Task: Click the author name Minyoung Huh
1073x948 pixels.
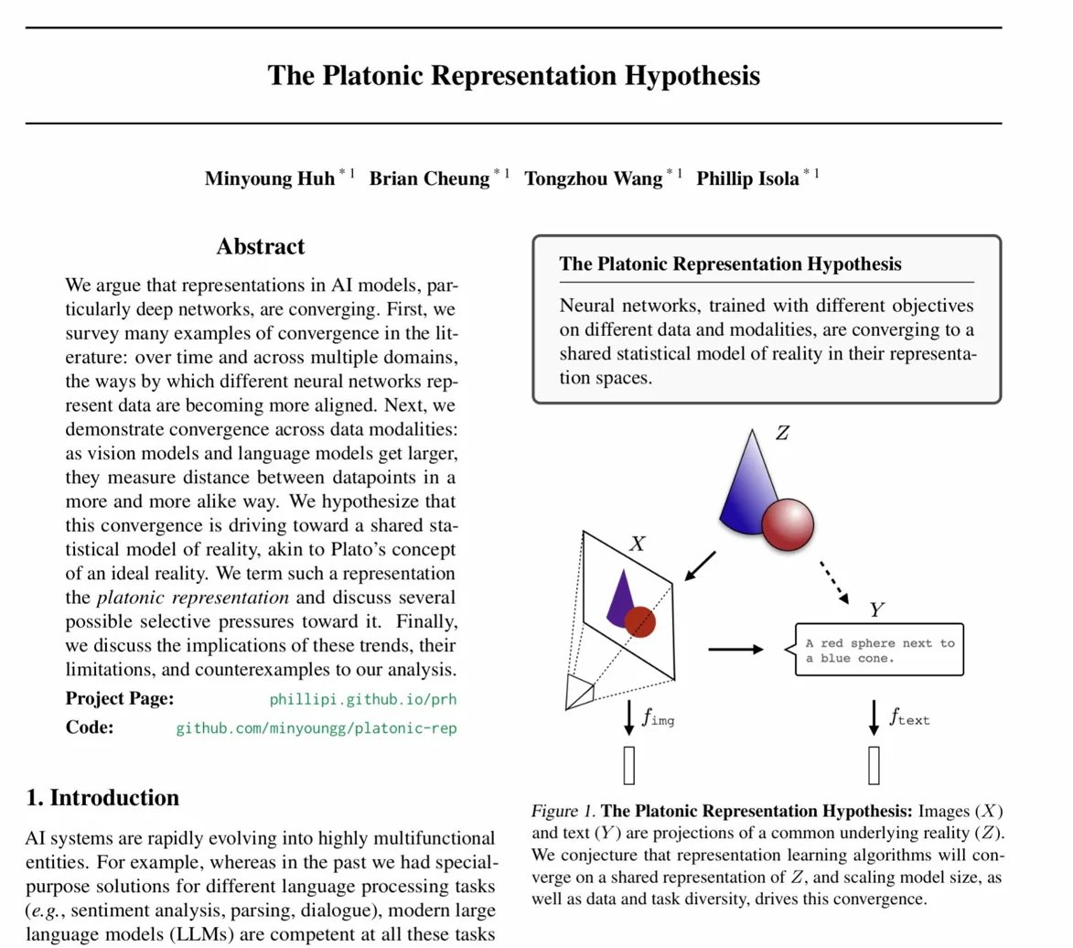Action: (x=269, y=178)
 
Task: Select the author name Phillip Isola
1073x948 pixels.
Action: (x=747, y=178)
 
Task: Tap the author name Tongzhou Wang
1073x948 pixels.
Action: (x=593, y=178)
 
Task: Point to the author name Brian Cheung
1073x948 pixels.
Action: (x=429, y=178)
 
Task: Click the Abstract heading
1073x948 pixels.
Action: (x=261, y=247)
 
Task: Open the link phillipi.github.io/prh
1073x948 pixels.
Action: (x=362, y=700)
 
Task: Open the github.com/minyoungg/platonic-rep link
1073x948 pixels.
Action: (x=316, y=728)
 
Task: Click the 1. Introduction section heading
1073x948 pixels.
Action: (x=102, y=798)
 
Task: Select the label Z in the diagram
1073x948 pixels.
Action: (x=782, y=433)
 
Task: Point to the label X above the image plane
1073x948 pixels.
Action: (x=638, y=544)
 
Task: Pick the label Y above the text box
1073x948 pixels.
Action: (x=876, y=610)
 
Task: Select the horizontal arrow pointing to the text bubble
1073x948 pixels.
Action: (x=735, y=650)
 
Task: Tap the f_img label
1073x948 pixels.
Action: (x=659, y=718)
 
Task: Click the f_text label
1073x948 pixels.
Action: (x=909, y=717)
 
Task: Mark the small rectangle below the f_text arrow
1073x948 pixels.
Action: (x=874, y=766)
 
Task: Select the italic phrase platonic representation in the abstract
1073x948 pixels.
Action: (x=192, y=598)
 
